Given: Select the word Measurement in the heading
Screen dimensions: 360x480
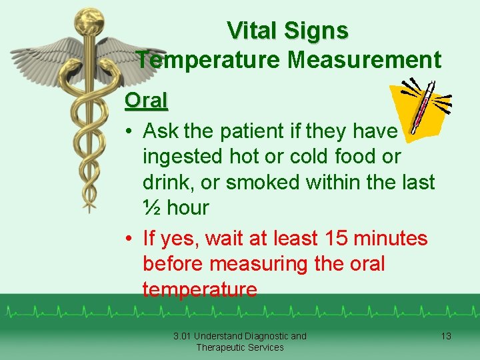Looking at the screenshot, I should [x=364, y=60].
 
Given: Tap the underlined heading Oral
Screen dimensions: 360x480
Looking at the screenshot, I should [x=146, y=101].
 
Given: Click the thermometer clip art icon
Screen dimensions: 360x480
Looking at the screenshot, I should [x=422, y=107].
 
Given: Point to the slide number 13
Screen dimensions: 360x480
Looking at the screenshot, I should [x=446, y=336].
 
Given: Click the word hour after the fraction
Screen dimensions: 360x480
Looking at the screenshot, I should [x=187, y=208].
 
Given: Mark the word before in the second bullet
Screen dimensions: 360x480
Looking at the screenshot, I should [x=173, y=264].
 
